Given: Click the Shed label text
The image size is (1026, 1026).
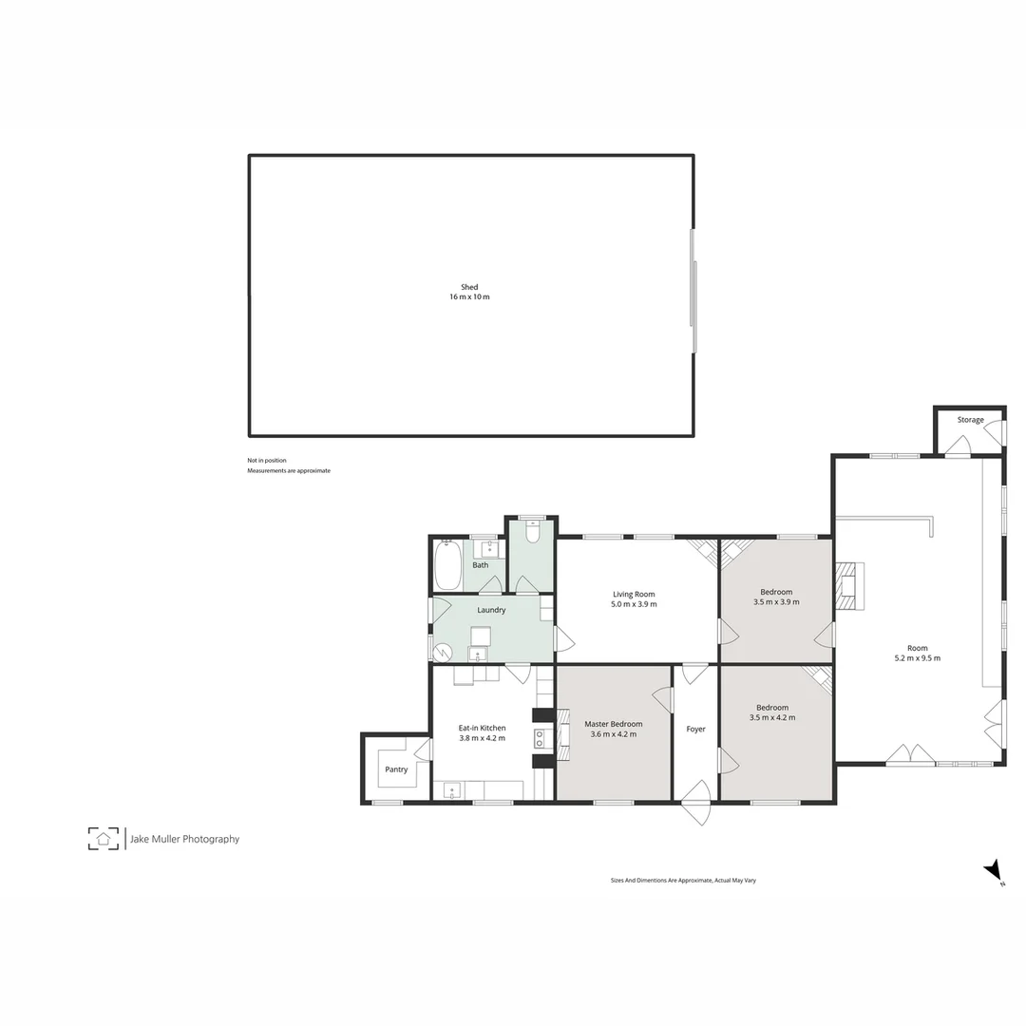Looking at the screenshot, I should pyautogui.click(x=469, y=287).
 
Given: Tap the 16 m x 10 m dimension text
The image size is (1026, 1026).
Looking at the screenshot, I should pyautogui.click(x=469, y=297).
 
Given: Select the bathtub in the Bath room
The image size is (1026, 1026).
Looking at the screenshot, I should pyautogui.click(x=447, y=565).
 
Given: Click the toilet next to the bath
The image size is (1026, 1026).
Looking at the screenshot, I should pyautogui.click(x=532, y=532).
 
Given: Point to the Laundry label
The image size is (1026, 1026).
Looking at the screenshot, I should pyautogui.click(x=491, y=610).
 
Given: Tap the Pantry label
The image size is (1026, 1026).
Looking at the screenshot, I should pyautogui.click(x=396, y=769).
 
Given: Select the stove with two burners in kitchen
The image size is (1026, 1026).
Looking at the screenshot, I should pyautogui.click(x=539, y=738).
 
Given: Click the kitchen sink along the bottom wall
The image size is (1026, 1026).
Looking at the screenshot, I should pyautogui.click(x=451, y=789).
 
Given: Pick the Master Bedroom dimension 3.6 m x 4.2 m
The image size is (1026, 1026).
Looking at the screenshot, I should pyautogui.click(x=613, y=734).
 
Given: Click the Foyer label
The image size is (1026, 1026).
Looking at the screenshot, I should pyautogui.click(x=695, y=729).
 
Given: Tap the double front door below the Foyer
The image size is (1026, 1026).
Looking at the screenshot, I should pyautogui.click(x=696, y=804).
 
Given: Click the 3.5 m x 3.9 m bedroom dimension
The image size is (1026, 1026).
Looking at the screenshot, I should pyautogui.click(x=776, y=602).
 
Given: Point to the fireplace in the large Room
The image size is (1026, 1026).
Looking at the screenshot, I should pyautogui.click(x=845, y=585).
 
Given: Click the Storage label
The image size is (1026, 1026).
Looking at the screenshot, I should pyautogui.click(x=970, y=420).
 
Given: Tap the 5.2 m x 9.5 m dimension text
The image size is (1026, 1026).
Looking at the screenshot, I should pyautogui.click(x=917, y=658).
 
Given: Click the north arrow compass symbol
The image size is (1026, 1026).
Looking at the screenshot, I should pyautogui.click(x=994, y=870).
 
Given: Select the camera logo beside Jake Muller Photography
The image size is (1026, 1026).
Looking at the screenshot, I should pyautogui.click(x=104, y=838).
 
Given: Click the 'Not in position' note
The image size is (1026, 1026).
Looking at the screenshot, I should pyautogui.click(x=267, y=461).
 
